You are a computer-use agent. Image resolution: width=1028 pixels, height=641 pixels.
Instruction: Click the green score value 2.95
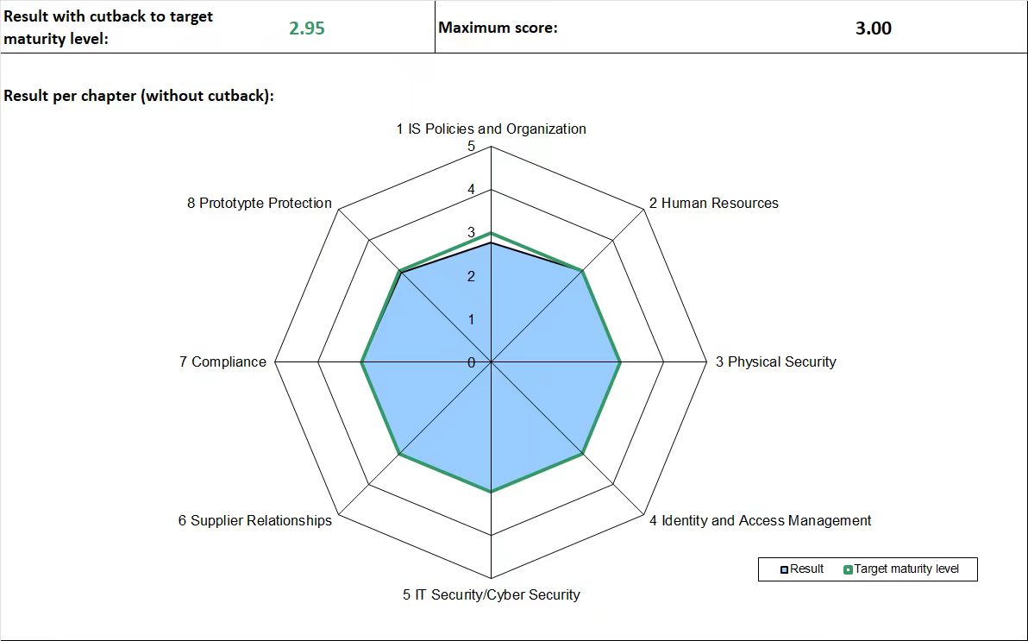point(307,28)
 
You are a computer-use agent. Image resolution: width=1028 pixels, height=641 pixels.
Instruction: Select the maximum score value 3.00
point(873,28)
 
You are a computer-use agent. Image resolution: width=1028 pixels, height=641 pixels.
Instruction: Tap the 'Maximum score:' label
point(498,28)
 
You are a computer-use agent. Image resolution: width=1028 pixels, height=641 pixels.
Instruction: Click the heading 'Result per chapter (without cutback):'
point(139,96)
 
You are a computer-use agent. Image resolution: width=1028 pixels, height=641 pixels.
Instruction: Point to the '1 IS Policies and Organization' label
point(491,129)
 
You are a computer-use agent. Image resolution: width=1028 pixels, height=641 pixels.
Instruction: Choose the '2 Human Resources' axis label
point(713,203)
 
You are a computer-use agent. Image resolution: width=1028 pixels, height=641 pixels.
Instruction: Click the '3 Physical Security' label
point(775,361)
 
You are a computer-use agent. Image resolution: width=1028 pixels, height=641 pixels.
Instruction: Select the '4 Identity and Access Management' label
point(760,520)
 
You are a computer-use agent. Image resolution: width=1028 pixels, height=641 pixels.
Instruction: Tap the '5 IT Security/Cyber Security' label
point(491,594)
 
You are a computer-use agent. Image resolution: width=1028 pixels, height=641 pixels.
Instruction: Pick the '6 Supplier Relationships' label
point(254,520)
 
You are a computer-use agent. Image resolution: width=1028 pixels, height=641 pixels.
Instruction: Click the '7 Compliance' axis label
point(223,361)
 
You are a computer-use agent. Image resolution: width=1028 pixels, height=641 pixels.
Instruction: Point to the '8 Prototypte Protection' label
point(259,203)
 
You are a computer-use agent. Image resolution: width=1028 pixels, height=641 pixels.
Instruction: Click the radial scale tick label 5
point(471,147)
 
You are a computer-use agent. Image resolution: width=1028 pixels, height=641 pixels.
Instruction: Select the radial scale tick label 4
point(471,190)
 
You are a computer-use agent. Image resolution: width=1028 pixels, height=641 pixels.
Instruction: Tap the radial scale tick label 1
point(471,319)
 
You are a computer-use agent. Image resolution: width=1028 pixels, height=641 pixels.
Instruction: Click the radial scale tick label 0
point(471,362)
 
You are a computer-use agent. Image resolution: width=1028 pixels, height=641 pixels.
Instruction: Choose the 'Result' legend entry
point(802,569)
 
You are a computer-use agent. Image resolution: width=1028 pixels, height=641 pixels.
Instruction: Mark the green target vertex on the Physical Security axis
point(620,362)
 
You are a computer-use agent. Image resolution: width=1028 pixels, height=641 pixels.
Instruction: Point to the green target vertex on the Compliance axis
point(361,362)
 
